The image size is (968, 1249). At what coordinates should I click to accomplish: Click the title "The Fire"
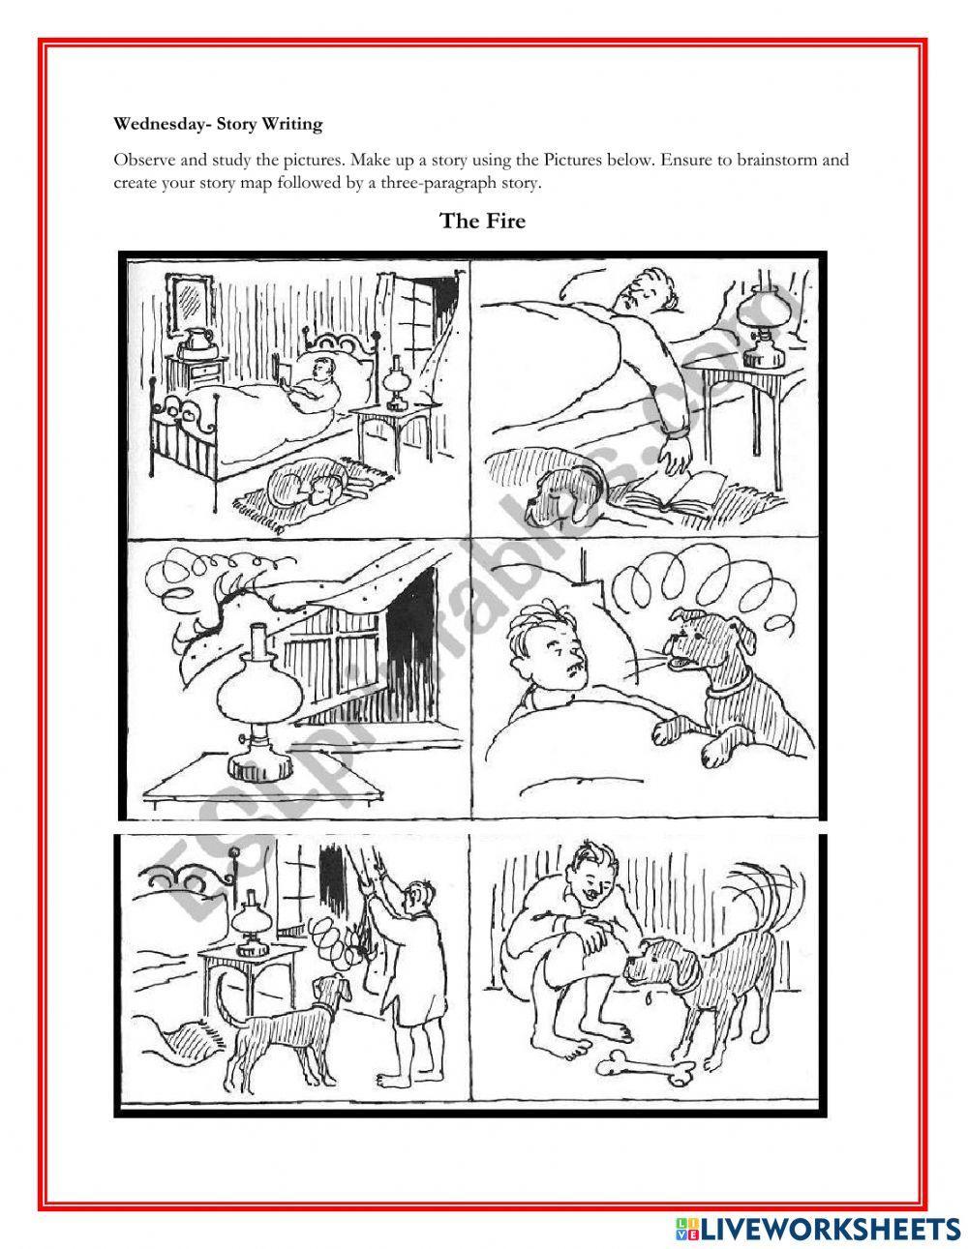(482, 221)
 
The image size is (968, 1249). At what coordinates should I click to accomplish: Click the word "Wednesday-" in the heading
(159, 124)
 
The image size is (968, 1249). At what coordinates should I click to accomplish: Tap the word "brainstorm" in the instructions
(774, 160)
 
